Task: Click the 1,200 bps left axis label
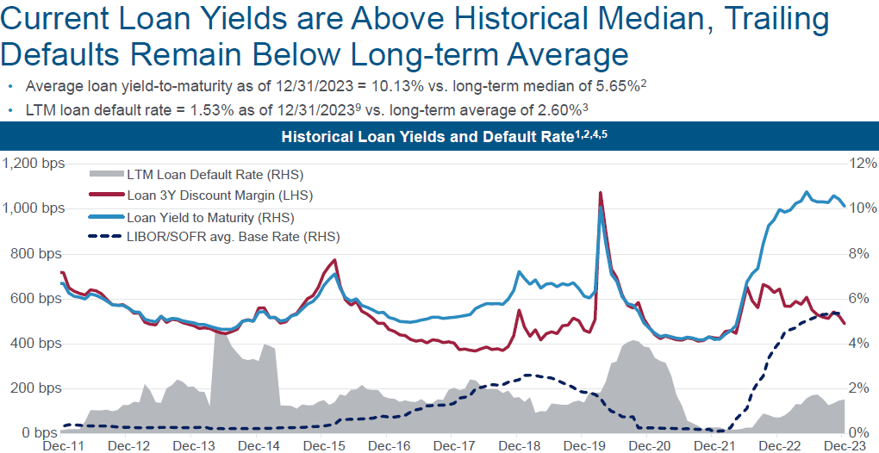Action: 31,163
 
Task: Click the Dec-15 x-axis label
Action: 324,445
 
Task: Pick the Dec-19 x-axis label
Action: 584,445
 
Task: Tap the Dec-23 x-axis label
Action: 845,445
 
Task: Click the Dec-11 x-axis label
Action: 64,445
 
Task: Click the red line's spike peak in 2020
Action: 600,193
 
